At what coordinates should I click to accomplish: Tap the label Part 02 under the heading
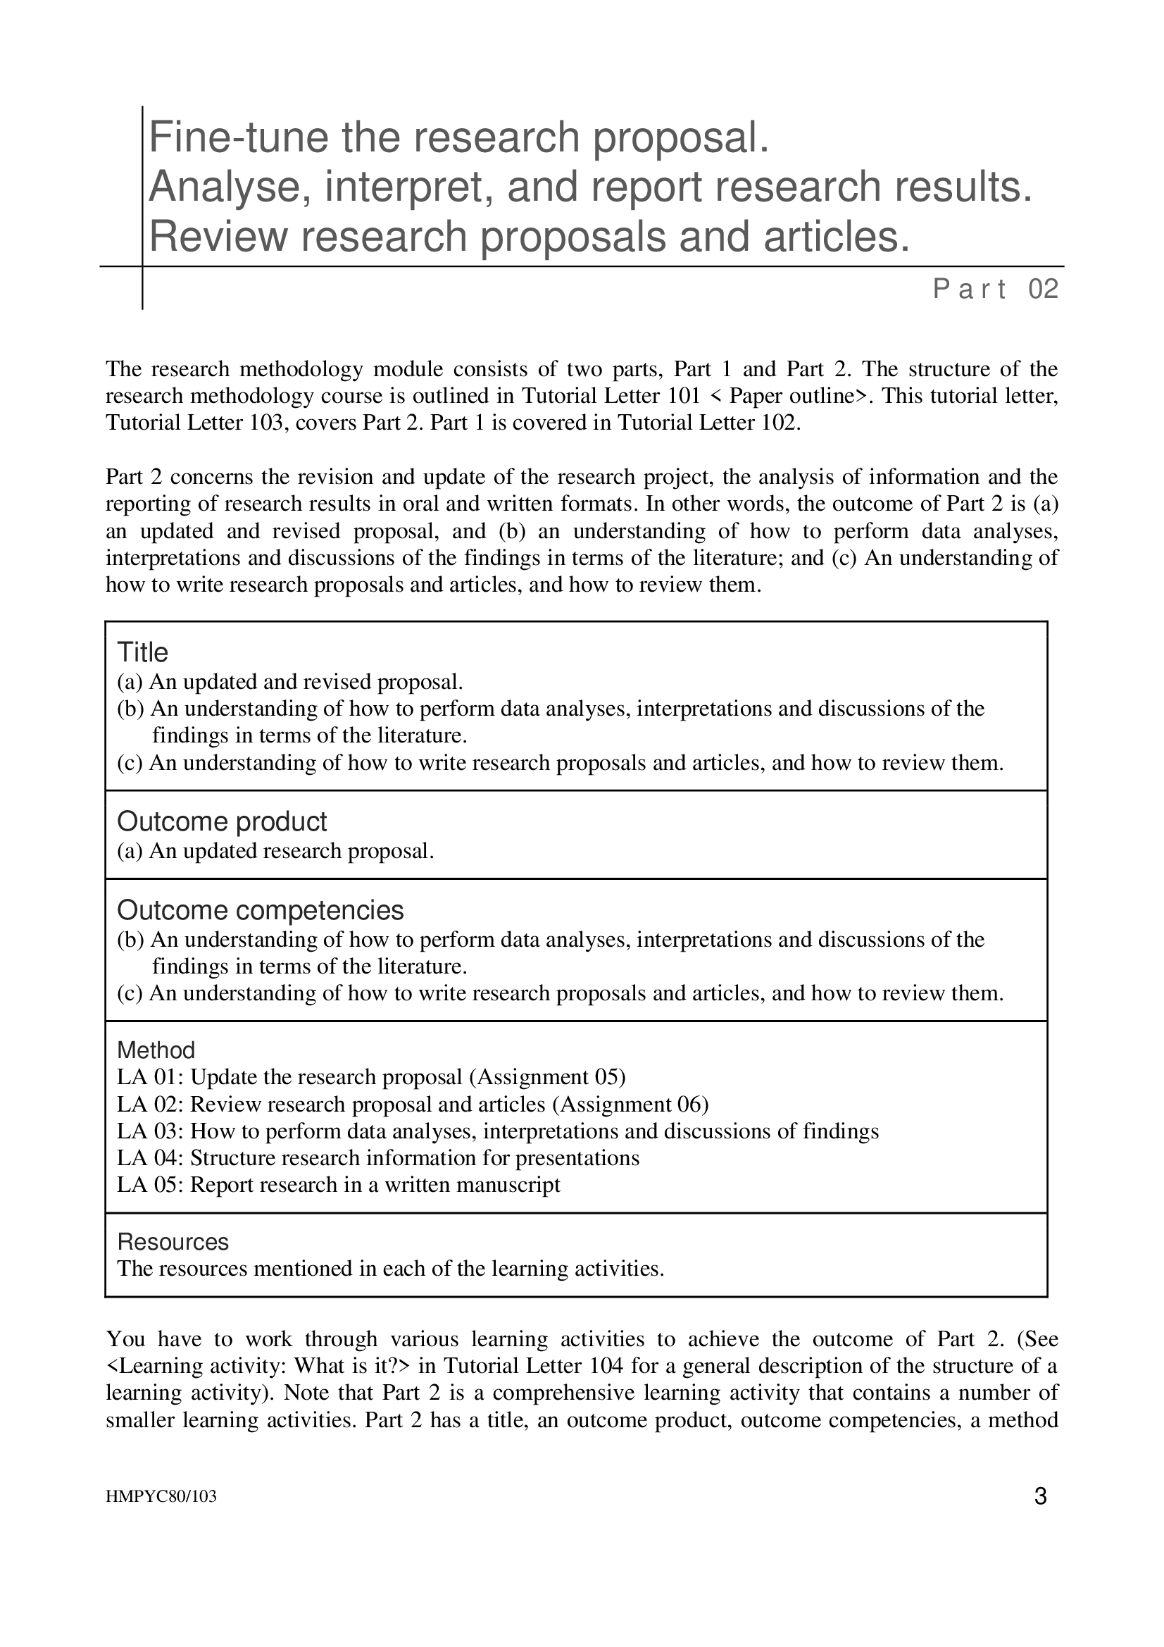tap(996, 290)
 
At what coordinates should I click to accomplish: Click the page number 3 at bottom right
tap(1041, 1497)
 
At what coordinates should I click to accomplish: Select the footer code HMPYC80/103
tap(161, 1497)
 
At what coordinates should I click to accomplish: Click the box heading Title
tap(142, 653)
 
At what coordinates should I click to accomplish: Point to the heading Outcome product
tap(222, 821)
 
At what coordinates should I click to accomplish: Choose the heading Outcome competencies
tap(261, 910)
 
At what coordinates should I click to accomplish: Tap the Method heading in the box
tap(156, 1050)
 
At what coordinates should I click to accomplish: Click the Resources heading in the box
tap(172, 1242)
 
